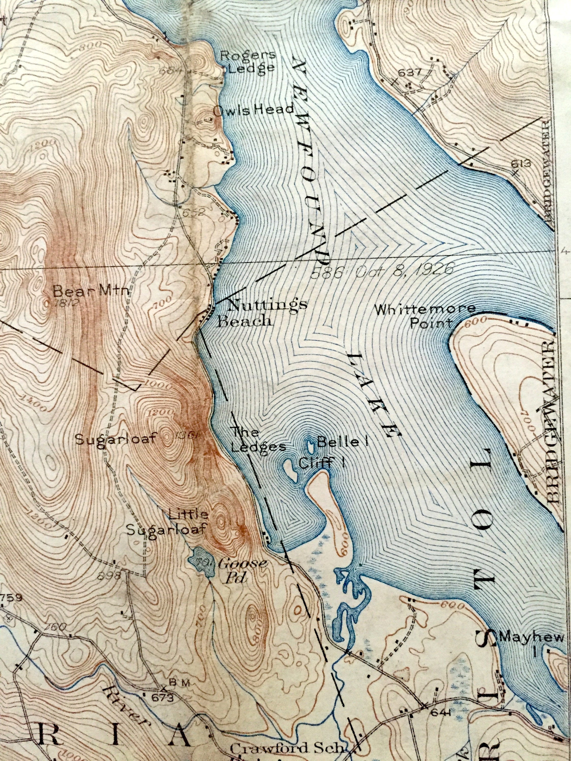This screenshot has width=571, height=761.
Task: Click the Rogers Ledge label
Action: point(248,61)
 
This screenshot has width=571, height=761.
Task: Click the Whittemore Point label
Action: point(425,316)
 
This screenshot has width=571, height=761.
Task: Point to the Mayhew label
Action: point(531,637)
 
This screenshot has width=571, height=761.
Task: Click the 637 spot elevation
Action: point(410,73)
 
